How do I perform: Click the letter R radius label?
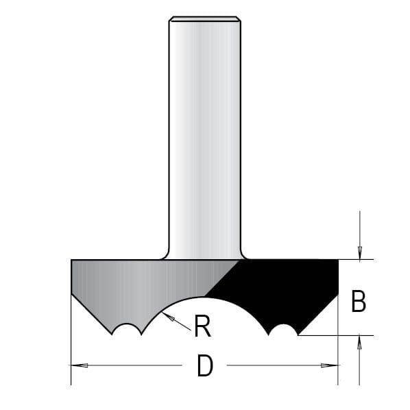click(202, 327)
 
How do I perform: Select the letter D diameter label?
click(204, 367)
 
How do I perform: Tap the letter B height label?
click(358, 302)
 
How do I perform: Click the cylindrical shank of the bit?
click(204, 137)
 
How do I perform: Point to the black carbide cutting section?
click(288, 288)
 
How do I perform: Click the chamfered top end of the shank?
click(204, 19)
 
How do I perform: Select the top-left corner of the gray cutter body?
click(72, 261)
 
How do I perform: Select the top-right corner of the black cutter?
click(338, 261)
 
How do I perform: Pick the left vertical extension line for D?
click(71, 343)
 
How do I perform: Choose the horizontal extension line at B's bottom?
click(336, 335)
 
